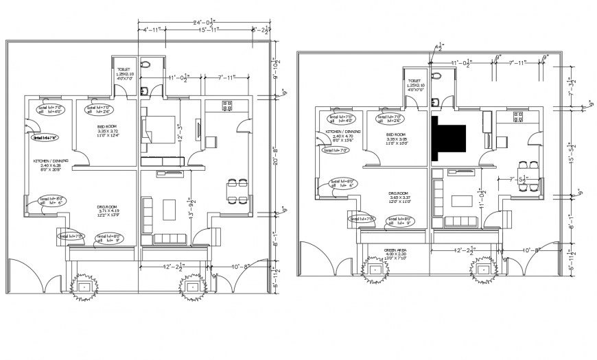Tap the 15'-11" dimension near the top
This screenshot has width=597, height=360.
[205, 31]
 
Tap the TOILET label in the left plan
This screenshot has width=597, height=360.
[124, 69]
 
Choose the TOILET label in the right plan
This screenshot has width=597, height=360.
[414, 80]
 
